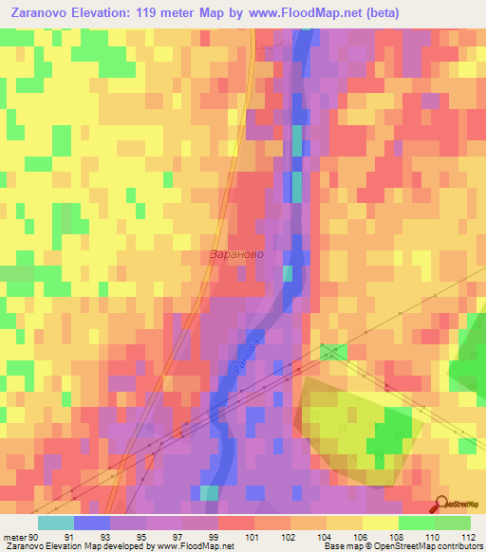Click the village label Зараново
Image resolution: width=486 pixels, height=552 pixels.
tap(234, 255)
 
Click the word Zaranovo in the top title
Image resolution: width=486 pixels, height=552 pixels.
tap(39, 12)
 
